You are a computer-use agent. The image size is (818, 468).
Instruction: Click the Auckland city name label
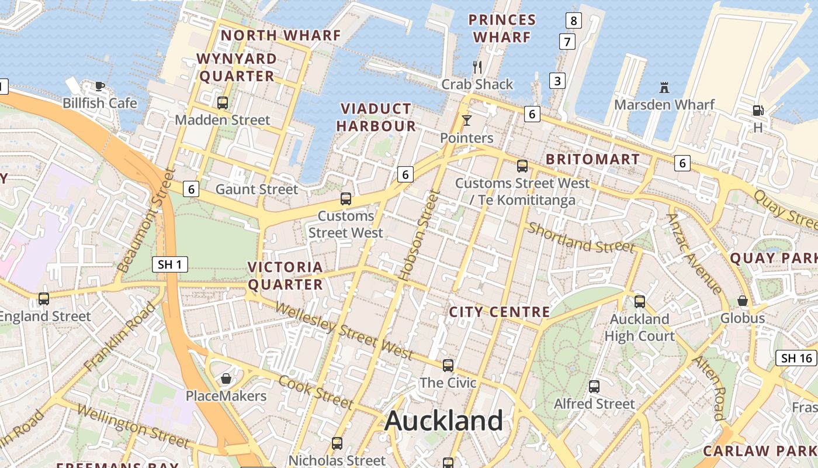pyautogui.click(x=443, y=421)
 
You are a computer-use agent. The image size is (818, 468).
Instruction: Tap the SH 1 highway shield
pyautogui.click(x=170, y=264)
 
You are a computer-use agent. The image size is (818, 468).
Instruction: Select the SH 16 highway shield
pyautogui.click(x=796, y=358)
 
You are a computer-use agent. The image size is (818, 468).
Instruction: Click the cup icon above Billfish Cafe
pyautogui.click(x=100, y=87)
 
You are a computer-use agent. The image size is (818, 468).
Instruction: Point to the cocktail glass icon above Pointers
pyautogui.click(x=466, y=121)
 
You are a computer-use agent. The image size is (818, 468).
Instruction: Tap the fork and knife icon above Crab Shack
pyautogui.click(x=477, y=67)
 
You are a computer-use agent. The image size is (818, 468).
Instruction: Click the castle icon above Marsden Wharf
pyautogui.click(x=664, y=88)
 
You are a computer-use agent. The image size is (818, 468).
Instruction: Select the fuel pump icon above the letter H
pyautogui.click(x=758, y=110)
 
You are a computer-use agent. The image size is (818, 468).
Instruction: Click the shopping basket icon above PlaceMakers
pyautogui.click(x=226, y=378)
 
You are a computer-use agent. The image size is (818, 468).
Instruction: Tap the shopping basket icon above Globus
pyautogui.click(x=742, y=301)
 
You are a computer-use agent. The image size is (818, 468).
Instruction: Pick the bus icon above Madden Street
pyautogui.click(x=223, y=103)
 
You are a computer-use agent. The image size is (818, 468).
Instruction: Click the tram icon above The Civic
pyautogui.click(x=448, y=366)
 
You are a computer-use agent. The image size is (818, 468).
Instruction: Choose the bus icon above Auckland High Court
pyautogui.click(x=640, y=302)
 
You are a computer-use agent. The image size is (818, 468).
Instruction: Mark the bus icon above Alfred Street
pyautogui.click(x=594, y=387)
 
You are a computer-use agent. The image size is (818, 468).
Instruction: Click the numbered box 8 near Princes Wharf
pyautogui.click(x=573, y=21)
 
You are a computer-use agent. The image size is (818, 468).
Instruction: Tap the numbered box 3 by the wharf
pyautogui.click(x=557, y=81)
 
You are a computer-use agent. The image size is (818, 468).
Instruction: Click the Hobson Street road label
pyautogui.click(x=417, y=234)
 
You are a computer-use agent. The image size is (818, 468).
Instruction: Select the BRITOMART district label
pyautogui.click(x=592, y=159)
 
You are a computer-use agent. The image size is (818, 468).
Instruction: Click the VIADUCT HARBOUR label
pyautogui.click(x=376, y=117)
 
